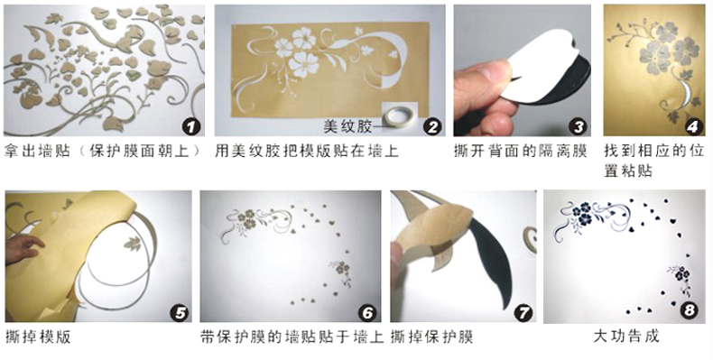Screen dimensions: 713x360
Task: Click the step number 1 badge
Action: coord(191,127)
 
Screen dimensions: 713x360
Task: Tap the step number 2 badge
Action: coord(431,127)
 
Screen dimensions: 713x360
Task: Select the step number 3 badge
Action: coord(578,127)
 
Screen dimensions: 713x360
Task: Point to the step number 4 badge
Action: coord(691,127)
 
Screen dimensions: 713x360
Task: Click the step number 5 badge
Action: coord(180,313)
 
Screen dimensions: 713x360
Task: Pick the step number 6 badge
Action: coord(367,313)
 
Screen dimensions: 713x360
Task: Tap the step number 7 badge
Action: coord(523,313)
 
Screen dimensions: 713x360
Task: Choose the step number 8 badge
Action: coord(690,310)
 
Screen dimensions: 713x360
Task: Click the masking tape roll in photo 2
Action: coord(398,116)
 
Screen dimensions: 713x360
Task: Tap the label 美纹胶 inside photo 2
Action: coord(347,126)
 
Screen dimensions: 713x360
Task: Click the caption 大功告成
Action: coord(625,337)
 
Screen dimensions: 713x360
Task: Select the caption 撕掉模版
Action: coord(38,337)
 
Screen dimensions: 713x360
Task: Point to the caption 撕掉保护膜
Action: coord(431,337)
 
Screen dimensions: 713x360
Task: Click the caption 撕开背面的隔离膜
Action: coord(520,151)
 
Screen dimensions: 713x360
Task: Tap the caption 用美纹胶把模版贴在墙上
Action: coord(307,151)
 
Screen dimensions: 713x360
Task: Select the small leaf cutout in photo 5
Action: coord(133,244)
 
